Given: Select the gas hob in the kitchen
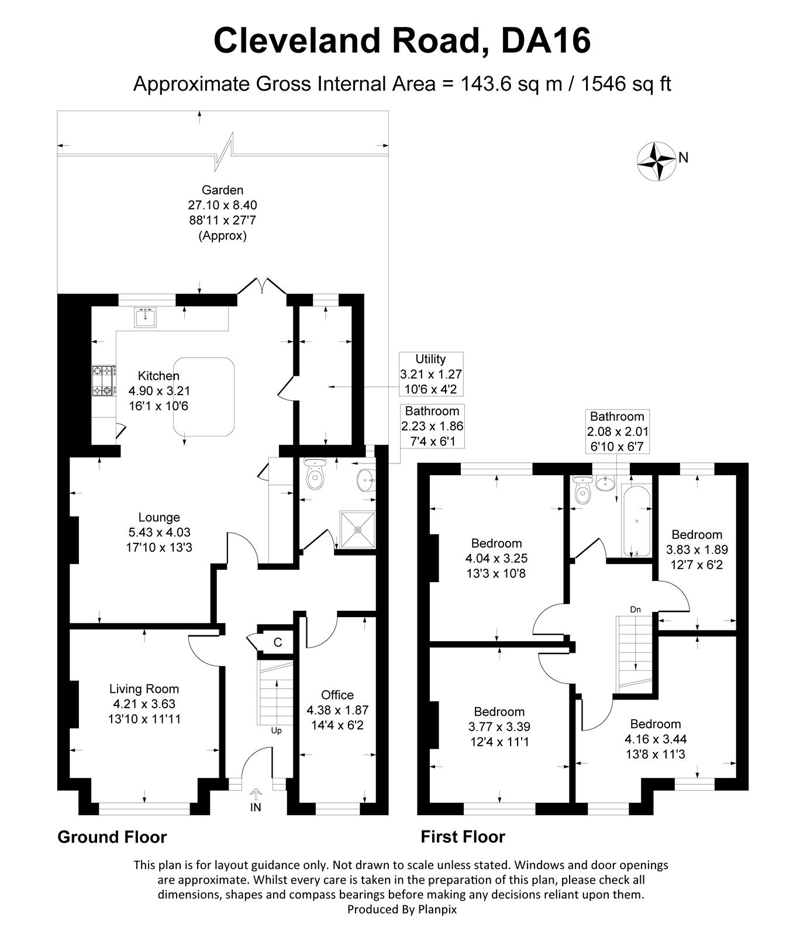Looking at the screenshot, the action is tap(103, 380).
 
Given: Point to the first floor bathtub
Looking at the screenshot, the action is tap(635, 520).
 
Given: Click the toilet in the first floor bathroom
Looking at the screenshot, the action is tap(582, 490).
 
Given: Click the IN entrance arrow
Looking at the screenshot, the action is tap(256, 794).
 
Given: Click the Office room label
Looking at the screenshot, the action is tap(337, 695).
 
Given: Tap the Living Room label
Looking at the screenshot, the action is tap(145, 689).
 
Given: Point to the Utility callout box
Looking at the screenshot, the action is tap(430, 375).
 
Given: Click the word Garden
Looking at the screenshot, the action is tap(222, 190).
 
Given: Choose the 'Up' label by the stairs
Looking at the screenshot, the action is tap(276, 730).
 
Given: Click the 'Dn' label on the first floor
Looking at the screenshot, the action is tap(636, 610).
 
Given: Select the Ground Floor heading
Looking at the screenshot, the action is tap(112, 837).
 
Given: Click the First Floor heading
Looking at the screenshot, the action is tap(463, 837).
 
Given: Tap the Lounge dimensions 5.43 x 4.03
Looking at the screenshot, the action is tap(159, 532).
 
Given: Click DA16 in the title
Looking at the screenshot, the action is tap(546, 40).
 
